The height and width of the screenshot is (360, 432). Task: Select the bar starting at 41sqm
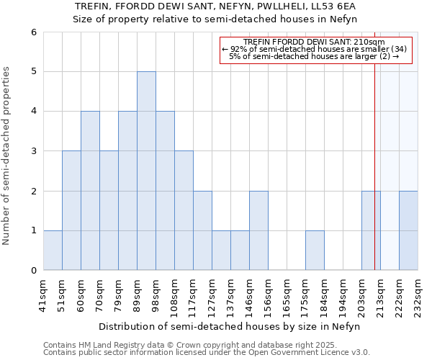pyautogui.click(x=53, y=250)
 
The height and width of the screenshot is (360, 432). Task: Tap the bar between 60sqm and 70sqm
pyautogui.click(x=90, y=190)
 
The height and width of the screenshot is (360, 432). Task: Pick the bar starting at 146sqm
pyautogui.click(x=258, y=230)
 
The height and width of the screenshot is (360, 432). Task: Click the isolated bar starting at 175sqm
pyautogui.click(x=315, y=250)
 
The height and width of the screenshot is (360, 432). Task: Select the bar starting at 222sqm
pyautogui.click(x=408, y=230)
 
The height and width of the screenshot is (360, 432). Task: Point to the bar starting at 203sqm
pyautogui.click(x=371, y=230)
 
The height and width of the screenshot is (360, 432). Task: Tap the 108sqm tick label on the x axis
pyautogui.click(x=175, y=293)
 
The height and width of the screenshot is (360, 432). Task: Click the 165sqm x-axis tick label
pyautogui.click(x=287, y=293)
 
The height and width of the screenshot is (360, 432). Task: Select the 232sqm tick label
pyautogui.click(x=418, y=293)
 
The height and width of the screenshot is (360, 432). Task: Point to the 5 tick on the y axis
pyautogui.click(x=33, y=71)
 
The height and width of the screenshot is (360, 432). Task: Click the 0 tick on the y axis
pyautogui.click(x=33, y=270)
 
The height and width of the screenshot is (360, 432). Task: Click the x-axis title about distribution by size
pyautogui.click(x=229, y=326)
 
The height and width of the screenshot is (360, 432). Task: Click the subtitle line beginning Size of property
pyautogui.click(x=215, y=19)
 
